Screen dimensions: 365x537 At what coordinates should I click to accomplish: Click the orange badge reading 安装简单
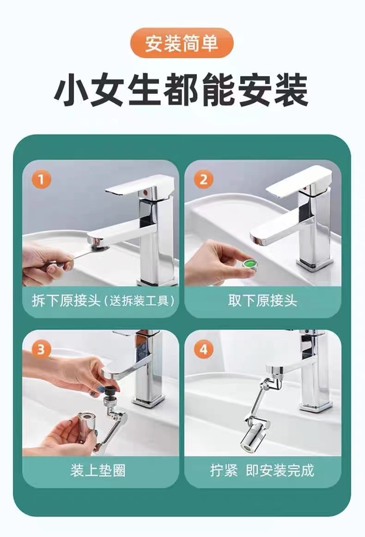pyautogui.click(x=182, y=43)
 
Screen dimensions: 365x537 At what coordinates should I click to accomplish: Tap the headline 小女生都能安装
pyautogui.click(x=182, y=92)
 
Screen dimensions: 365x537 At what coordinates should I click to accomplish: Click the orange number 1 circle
pyautogui.click(x=41, y=179)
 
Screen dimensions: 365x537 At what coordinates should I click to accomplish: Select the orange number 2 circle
pyautogui.click(x=203, y=179)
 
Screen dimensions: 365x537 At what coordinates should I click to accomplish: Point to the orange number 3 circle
pyautogui.click(x=41, y=350)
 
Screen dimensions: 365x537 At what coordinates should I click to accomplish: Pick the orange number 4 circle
pyautogui.click(x=203, y=350)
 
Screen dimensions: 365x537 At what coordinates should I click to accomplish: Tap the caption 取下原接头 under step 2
pyautogui.click(x=262, y=301)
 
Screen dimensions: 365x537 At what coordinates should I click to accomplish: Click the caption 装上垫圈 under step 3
pyautogui.click(x=98, y=470)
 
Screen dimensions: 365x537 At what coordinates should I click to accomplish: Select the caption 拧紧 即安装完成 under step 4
pyautogui.click(x=262, y=470)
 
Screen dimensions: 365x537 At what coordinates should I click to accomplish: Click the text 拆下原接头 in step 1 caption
pyautogui.click(x=66, y=301)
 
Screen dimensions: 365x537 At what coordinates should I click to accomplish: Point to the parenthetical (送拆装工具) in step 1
pyautogui.click(x=140, y=301)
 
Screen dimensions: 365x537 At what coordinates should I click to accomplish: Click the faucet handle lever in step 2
pyautogui.click(x=298, y=182)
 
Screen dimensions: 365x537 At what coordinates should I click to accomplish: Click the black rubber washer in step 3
pyautogui.click(x=110, y=390)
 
